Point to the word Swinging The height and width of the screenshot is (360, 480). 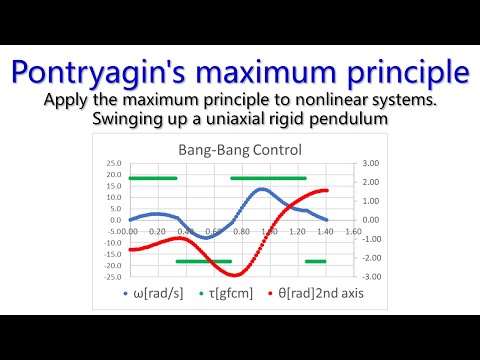pyautogui.click(x=128, y=120)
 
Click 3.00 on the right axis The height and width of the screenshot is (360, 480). pyautogui.click(x=370, y=163)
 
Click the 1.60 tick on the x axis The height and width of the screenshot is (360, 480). pyautogui.click(x=351, y=231)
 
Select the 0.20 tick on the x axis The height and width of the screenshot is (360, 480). pyautogui.click(x=156, y=231)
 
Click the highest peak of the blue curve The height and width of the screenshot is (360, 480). pyautogui.click(x=262, y=188)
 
